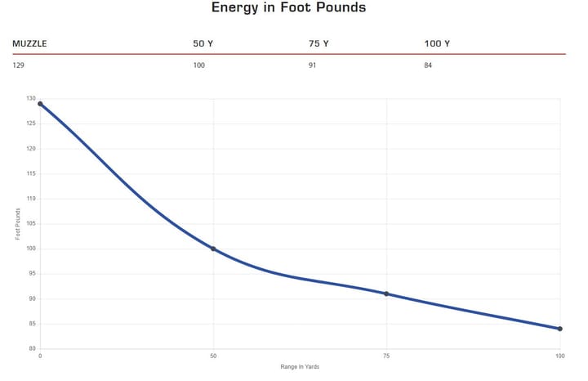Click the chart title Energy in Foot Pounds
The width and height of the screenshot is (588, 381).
288,7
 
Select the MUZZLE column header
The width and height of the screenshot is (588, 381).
29,43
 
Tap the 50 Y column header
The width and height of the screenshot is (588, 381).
203,43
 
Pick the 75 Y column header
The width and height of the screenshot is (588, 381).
318,43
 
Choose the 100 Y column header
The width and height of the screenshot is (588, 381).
437,43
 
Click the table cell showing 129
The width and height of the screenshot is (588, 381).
18,65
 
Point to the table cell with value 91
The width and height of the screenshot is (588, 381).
312,65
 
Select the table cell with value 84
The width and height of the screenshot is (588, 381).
428,65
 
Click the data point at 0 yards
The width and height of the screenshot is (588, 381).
40,104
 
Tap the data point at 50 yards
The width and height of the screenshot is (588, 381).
213,249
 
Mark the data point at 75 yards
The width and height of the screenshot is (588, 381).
386,294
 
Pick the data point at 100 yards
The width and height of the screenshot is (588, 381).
560,329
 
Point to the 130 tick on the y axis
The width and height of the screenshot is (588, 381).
31,98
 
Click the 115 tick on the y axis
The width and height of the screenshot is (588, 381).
31,173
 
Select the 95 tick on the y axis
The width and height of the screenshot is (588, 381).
32,274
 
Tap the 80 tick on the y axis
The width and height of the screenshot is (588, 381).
32,349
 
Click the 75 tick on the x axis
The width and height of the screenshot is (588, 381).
386,356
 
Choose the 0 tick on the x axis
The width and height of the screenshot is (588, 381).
40,356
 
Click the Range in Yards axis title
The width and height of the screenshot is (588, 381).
300,367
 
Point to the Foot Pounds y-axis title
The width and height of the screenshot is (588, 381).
18,224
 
